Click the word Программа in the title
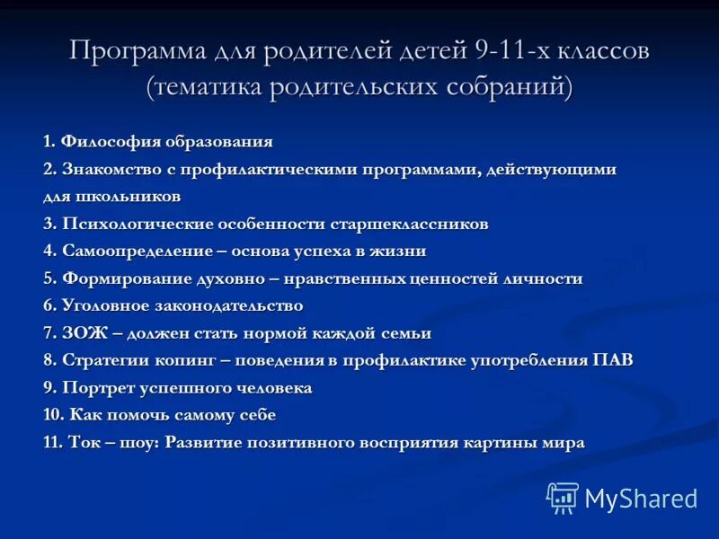point(137,51)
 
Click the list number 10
point(51,415)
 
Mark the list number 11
point(51,443)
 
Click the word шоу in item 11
point(139,443)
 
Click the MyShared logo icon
point(563,498)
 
